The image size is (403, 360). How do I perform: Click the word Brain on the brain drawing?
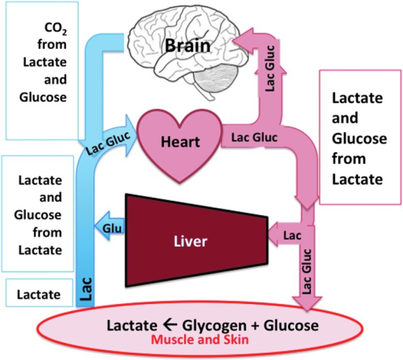tap(187, 46)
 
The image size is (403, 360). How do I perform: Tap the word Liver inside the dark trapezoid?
tap(190, 241)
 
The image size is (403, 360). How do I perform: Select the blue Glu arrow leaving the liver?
tap(109, 225)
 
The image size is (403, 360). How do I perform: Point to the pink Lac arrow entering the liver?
tap(285, 234)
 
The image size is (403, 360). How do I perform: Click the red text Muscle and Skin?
tap(200, 340)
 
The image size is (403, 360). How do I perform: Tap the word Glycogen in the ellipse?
tap(214, 325)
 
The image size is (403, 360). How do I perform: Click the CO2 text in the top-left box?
tap(56, 28)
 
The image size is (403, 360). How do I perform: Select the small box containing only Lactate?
tap(39, 292)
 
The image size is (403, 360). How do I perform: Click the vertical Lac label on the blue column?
tap(86, 289)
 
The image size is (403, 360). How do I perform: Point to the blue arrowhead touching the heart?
tap(131, 135)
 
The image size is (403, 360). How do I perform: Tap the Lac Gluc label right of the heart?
tap(254, 138)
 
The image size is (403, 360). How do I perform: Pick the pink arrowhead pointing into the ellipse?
tap(307, 304)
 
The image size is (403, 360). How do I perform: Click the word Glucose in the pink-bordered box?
tap(359, 139)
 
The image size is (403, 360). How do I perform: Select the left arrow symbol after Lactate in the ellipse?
tap(169, 325)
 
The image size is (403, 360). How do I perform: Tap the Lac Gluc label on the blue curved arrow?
tap(108, 143)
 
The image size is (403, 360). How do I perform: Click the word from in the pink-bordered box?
tap(349, 159)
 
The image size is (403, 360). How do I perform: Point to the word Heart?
tap(180, 142)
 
